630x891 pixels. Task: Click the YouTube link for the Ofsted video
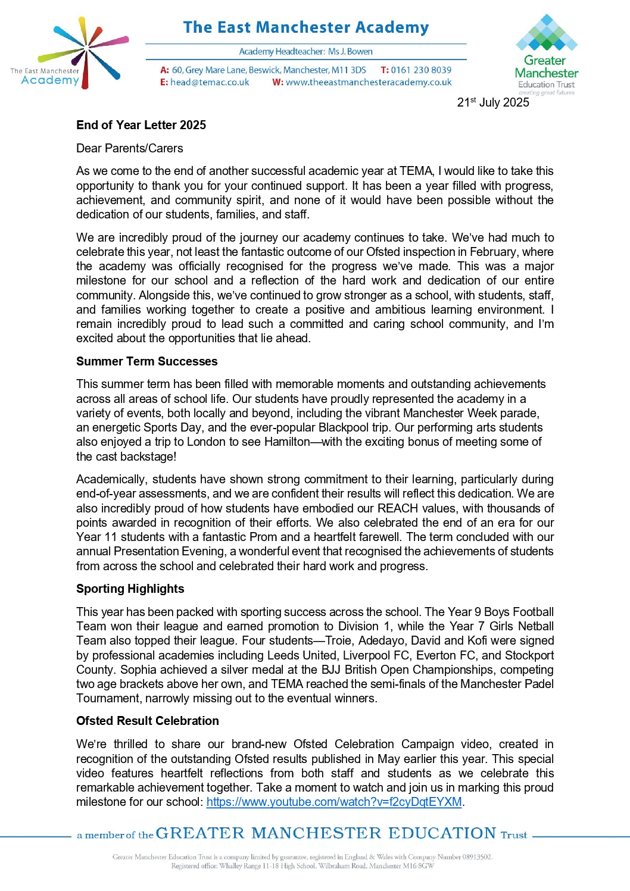(x=333, y=802)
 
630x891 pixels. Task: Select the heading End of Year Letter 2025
(x=141, y=125)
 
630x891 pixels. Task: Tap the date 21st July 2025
(x=492, y=102)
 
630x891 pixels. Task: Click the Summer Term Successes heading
(x=146, y=361)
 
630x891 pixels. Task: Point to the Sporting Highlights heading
(x=130, y=589)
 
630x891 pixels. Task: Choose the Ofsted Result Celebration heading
(x=147, y=721)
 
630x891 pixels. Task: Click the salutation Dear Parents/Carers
(x=129, y=148)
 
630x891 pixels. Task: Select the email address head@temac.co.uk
(x=210, y=83)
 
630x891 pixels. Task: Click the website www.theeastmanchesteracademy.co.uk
(x=368, y=83)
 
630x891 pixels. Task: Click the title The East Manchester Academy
(x=305, y=27)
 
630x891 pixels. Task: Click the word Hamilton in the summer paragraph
(x=287, y=442)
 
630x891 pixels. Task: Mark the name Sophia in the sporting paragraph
(x=138, y=670)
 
